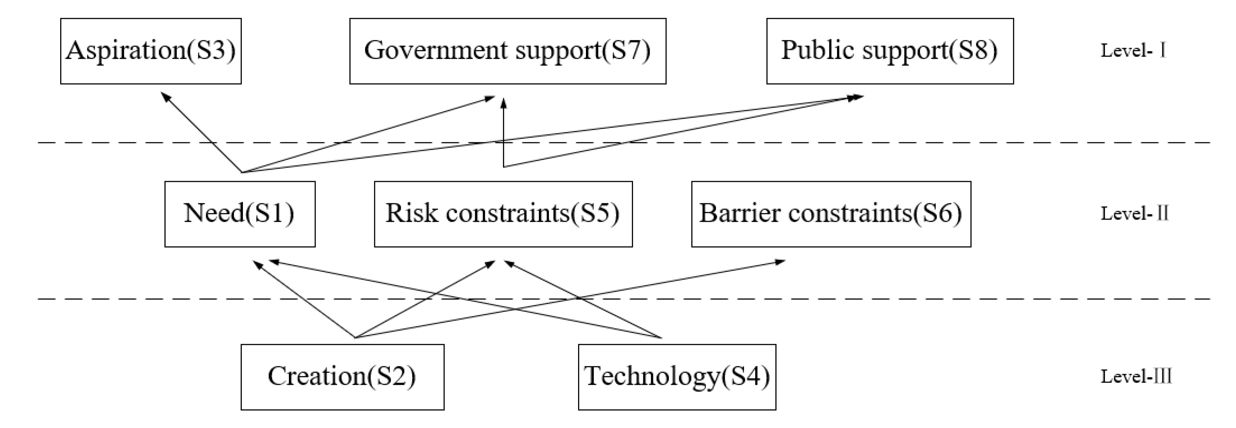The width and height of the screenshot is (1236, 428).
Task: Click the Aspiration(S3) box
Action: click(x=151, y=51)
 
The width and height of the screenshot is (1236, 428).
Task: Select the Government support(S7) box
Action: click(x=507, y=51)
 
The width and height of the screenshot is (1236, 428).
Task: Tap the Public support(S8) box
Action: click(x=889, y=51)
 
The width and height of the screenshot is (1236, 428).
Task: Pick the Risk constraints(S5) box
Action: click(x=503, y=214)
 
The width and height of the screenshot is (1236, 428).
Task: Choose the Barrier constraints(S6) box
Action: click(x=831, y=214)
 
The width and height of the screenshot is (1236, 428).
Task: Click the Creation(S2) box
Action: click(x=342, y=377)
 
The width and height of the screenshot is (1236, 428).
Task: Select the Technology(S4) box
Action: click(x=676, y=377)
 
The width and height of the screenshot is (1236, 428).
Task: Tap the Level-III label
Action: click(x=1136, y=377)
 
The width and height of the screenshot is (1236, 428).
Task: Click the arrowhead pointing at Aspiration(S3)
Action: click(x=165, y=96)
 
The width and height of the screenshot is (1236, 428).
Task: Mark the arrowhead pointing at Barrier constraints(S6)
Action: click(x=781, y=262)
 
